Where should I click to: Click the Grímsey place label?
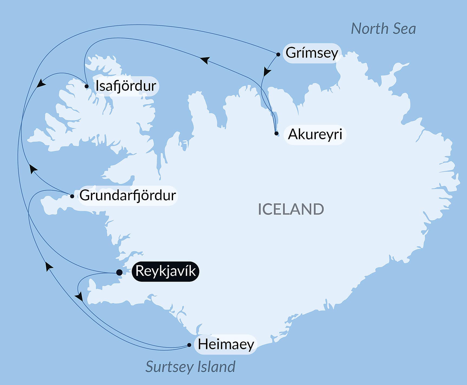[x=312, y=53]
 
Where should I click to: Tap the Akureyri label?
[x=315, y=134]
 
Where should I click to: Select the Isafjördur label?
[x=126, y=86]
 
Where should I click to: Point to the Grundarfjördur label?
[x=128, y=195]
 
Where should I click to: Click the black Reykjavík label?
[x=165, y=271]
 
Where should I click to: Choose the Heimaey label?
[x=226, y=344]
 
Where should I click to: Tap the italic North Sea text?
[x=383, y=29]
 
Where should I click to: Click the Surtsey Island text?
[x=190, y=367]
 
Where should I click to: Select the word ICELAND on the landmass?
[x=291, y=209]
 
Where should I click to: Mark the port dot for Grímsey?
[x=278, y=55]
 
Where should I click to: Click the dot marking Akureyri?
[x=276, y=133]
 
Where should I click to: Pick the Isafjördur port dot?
[x=87, y=86]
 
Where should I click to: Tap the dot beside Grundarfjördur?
[x=72, y=196]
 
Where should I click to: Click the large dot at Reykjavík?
[x=119, y=272]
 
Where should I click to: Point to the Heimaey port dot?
[x=189, y=345]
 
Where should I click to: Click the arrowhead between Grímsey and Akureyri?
[x=267, y=72]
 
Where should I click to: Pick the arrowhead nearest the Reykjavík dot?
[x=79, y=296]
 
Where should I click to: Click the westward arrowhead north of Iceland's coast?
[x=205, y=60]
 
